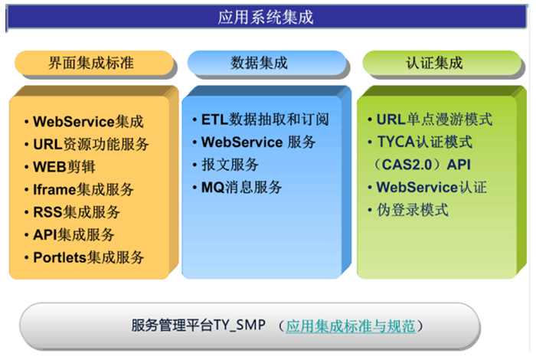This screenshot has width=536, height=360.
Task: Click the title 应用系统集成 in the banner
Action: point(265,17)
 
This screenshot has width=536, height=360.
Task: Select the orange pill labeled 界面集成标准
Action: point(94,63)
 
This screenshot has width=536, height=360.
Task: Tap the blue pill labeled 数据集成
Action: point(266,63)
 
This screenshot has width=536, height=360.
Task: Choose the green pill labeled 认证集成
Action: point(442,63)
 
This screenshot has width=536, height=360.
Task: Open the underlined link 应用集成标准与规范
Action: point(351,326)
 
